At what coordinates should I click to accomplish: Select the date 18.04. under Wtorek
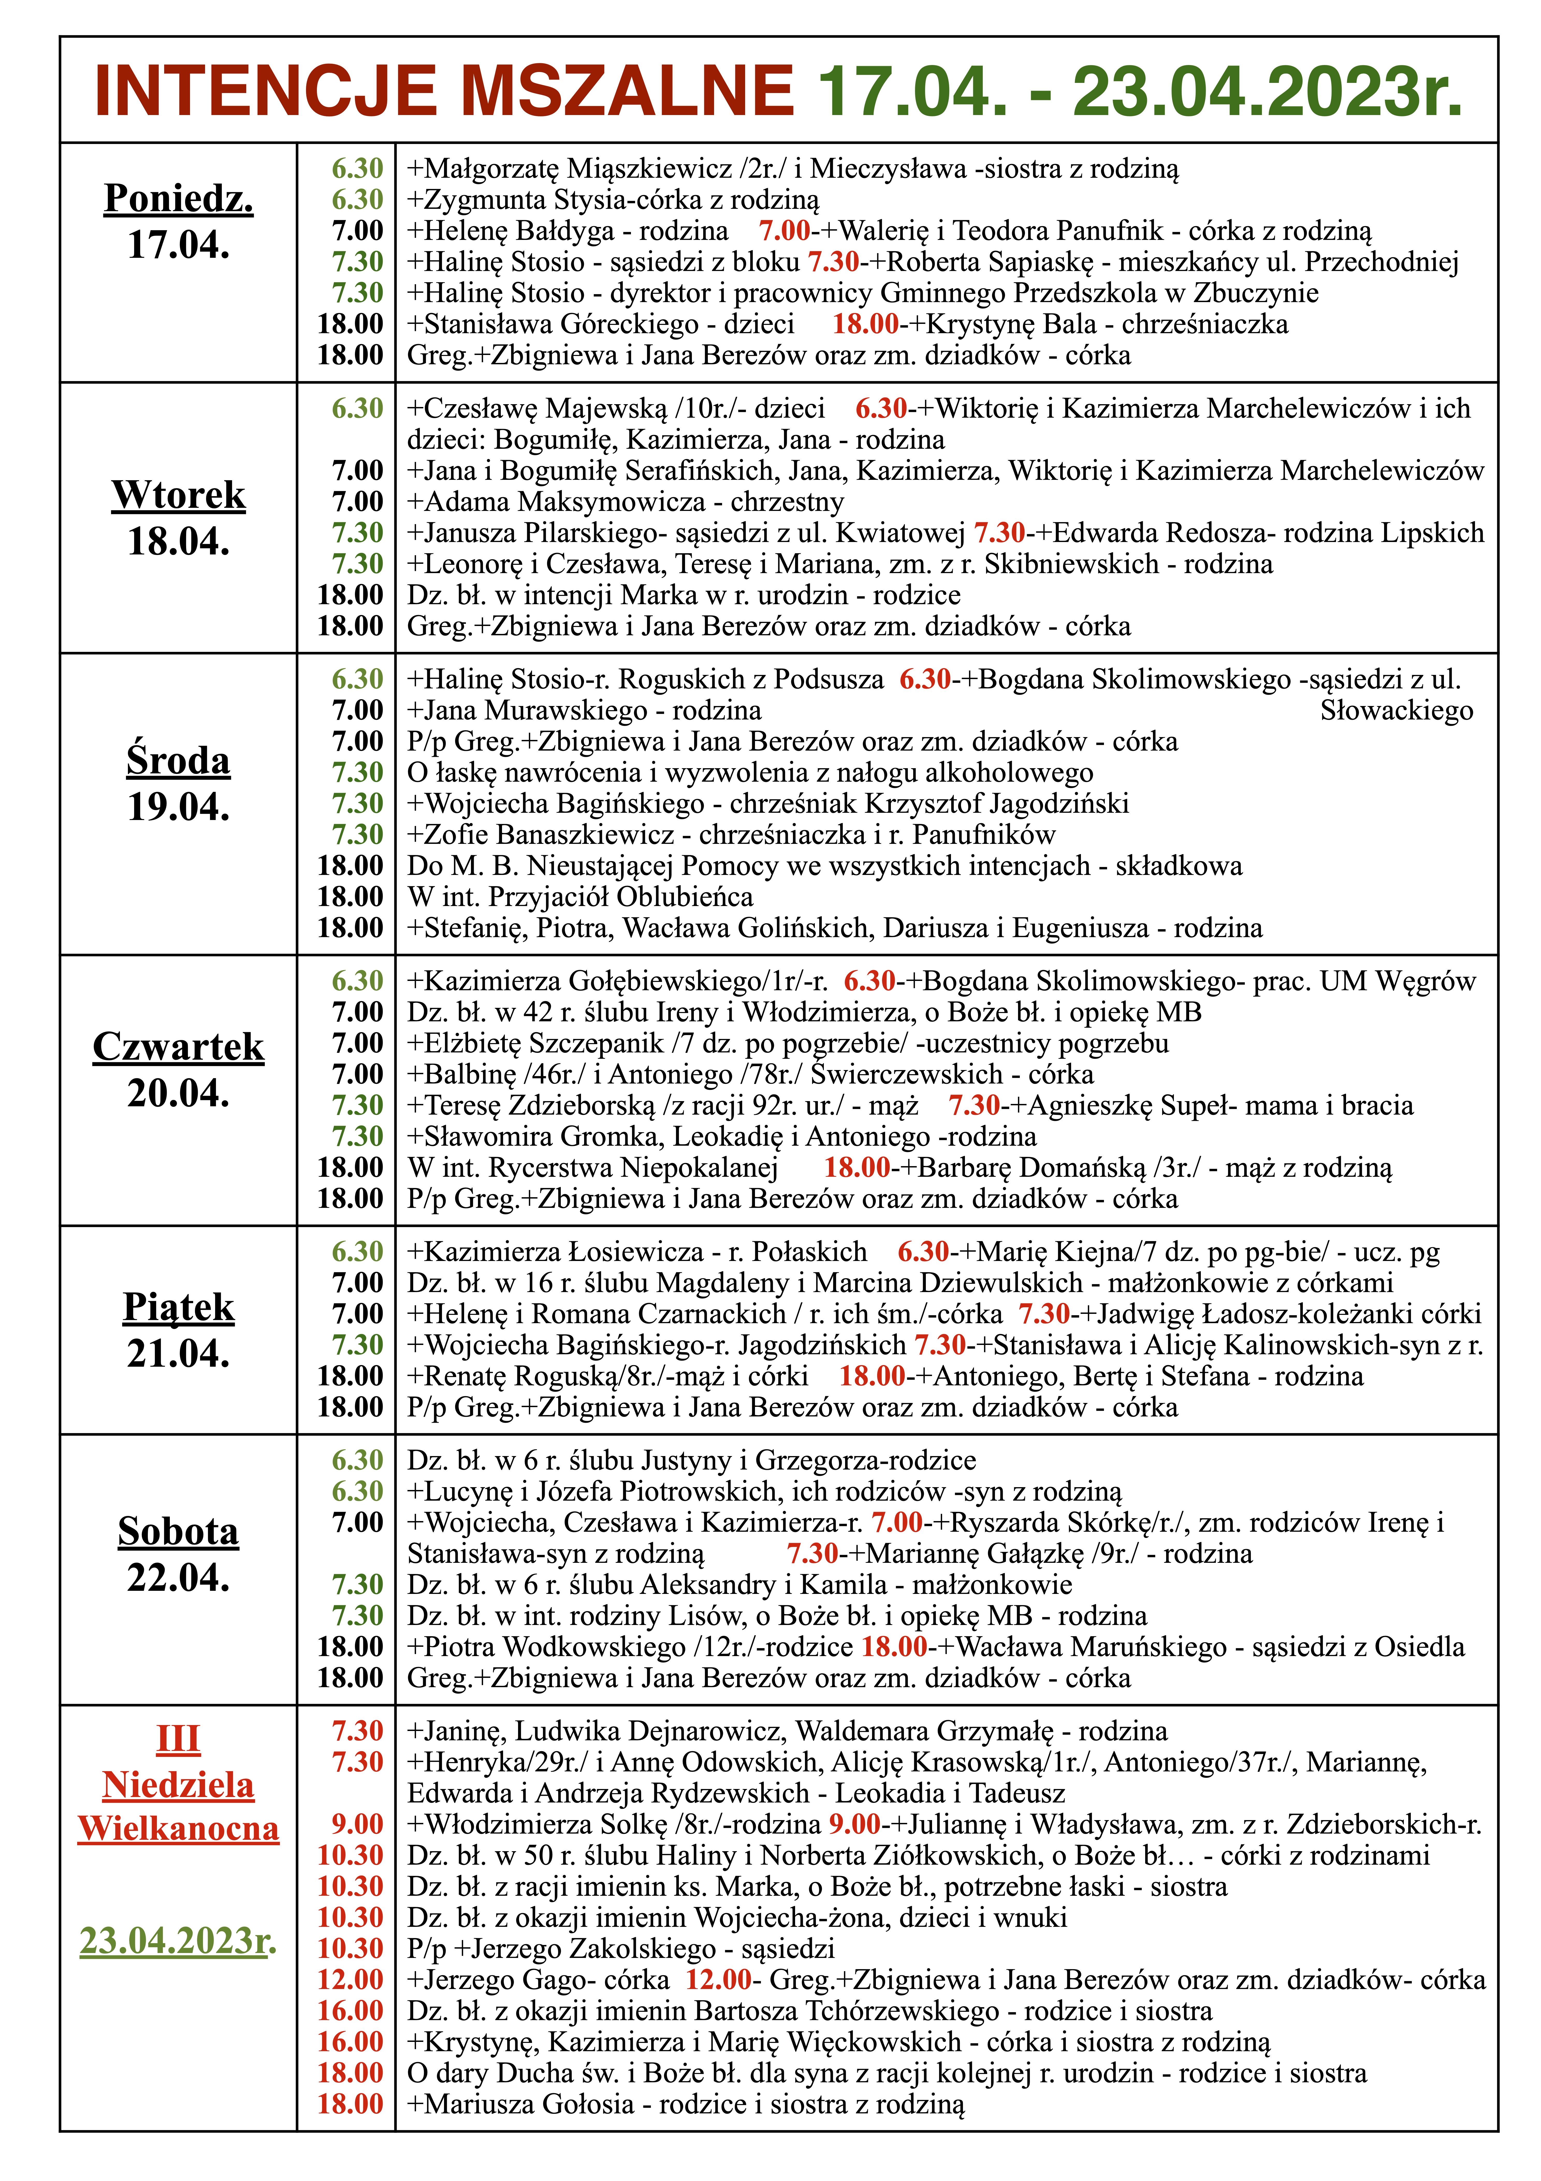tap(178, 541)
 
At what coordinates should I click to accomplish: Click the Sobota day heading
tap(178, 1531)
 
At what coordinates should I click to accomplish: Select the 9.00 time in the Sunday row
tap(357, 1824)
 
